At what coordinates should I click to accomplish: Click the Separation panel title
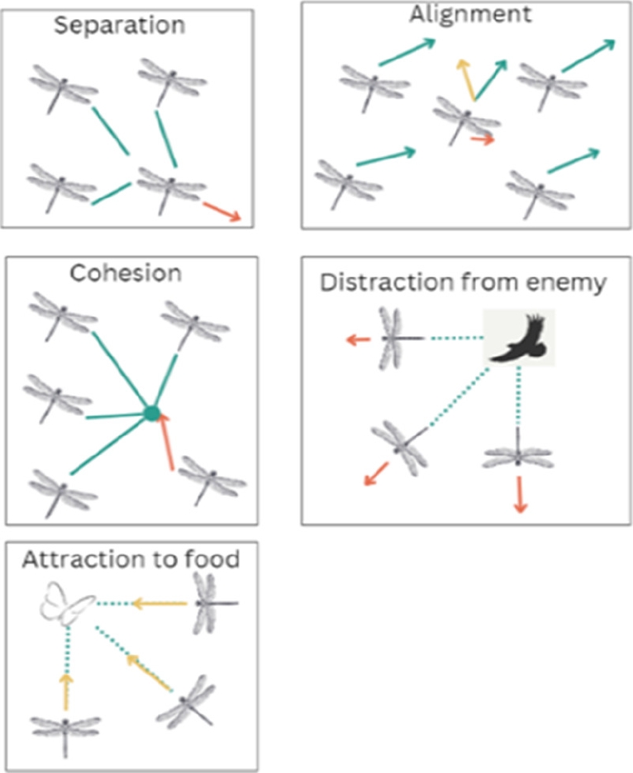(119, 24)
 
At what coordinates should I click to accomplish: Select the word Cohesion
(125, 272)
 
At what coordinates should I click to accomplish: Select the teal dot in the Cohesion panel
(150, 412)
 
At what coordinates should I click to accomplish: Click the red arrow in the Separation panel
(221, 211)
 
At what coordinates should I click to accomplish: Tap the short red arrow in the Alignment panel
(482, 140)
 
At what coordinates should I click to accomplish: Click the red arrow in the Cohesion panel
(168, 441)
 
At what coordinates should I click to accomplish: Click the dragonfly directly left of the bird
(395, 338)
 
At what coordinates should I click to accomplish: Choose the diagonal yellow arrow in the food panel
(148, 671)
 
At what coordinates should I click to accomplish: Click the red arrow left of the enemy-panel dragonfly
(358, 339)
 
